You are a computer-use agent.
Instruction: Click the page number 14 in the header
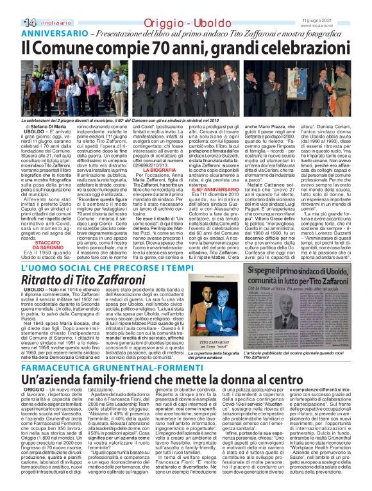(12, 6)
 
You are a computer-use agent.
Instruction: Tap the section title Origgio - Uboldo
(185, 6)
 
